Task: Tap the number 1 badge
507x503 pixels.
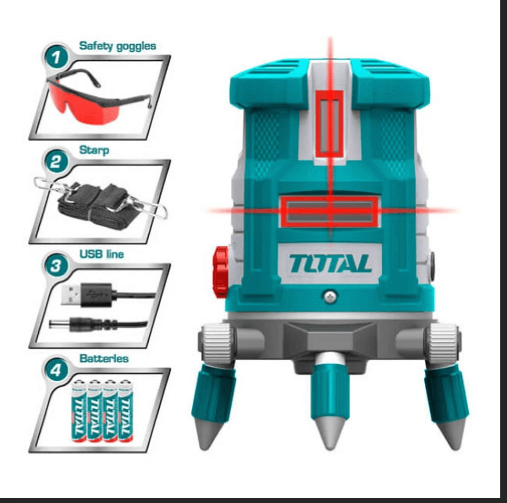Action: [57, 59]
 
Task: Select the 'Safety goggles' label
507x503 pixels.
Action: [118, 46]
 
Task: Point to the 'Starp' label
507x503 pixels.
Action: [94, 150]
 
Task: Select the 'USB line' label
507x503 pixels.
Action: [101, 254]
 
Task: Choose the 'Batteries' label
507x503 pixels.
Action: [104, 358]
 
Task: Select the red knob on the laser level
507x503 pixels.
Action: [221, 271]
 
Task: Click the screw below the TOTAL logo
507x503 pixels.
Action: [329, 296]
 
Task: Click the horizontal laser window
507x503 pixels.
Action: [330, 211]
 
